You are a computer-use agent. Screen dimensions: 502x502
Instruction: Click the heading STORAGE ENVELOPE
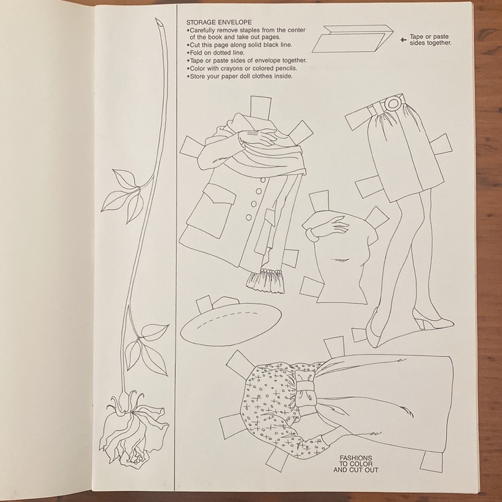(x=219, y=23)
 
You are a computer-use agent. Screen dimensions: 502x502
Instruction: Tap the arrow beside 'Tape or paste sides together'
(x=404, y=40)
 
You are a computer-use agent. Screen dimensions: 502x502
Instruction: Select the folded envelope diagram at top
(x=353, y=39)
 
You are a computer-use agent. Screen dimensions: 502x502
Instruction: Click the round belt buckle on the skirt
(x=392, y=103)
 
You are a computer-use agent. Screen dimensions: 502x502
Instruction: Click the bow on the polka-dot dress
(x=305, y=388)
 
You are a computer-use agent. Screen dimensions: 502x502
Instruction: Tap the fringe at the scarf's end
(x=266, y=281)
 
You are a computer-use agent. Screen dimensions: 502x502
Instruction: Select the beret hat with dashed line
(x=231, y=323)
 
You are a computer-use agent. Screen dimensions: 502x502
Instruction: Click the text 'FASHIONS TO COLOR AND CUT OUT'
(x=356, y=464)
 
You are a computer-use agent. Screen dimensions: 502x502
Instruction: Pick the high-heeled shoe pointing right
(x=432, y=319)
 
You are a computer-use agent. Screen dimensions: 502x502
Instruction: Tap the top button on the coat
(x=264, y=181)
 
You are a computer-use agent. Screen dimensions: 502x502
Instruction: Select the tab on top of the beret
(x=205, y=304)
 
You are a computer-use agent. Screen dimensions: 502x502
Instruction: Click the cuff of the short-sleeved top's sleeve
(x=312, y=235)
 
